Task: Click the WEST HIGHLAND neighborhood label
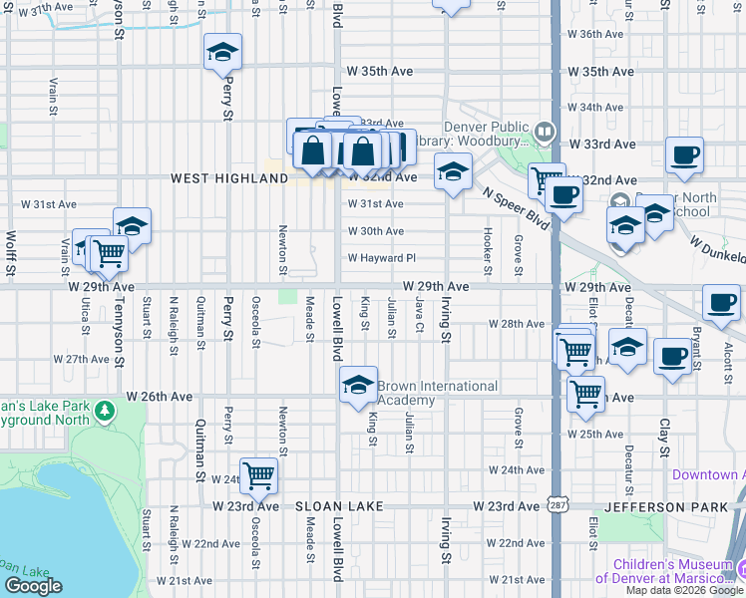point(228,178)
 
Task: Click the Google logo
point(34,587)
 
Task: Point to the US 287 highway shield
point(555,506)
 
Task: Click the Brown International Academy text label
point(437,393)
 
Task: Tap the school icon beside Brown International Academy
point(358,387)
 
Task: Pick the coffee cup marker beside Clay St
point(674,357)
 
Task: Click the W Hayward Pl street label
point(381,258)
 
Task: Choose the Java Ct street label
point(421,316)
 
